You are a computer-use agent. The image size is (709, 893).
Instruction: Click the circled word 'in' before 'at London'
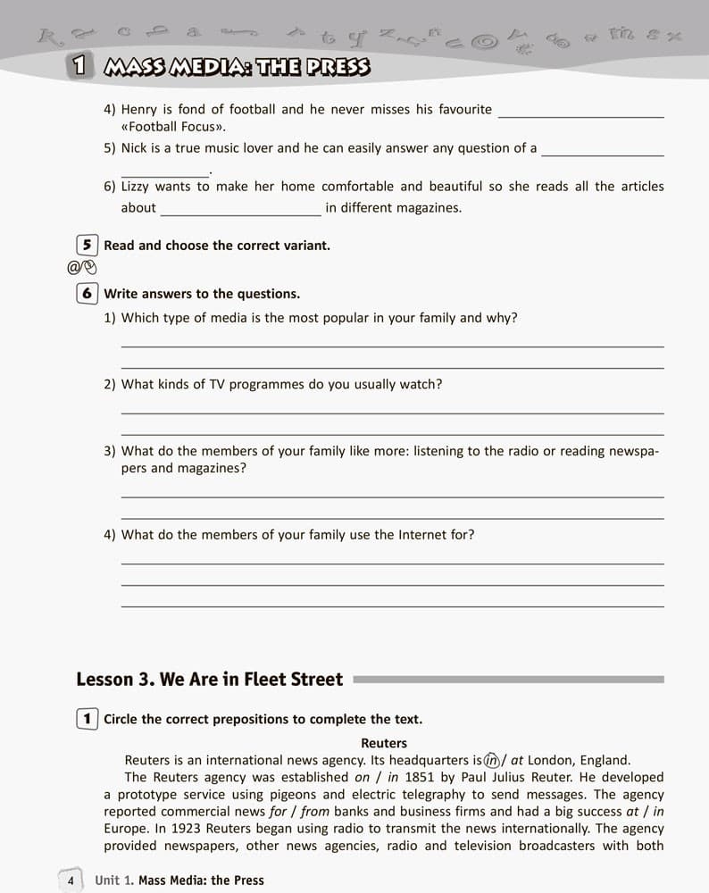pos(490,761)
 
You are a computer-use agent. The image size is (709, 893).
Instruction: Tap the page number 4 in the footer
pos(70,880)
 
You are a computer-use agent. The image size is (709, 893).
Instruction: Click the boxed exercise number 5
pos(87,245)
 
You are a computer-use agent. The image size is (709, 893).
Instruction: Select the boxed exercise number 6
pos(87,293)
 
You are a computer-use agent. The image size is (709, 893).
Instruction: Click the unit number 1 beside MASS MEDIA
pos(80,66)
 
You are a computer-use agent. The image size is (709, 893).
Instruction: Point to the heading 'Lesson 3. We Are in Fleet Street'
pos(210,680)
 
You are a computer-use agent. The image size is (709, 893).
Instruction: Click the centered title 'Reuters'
pos(384,743)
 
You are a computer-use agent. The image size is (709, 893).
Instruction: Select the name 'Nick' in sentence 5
pos(134,148)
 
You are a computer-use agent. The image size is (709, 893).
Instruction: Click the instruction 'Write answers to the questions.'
pos(202,293)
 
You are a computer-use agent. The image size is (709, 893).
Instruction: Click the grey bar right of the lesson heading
pos(509,680)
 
